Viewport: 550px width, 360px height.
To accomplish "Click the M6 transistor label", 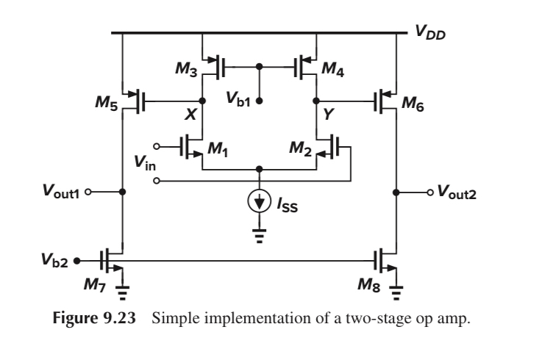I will tap(414, 101).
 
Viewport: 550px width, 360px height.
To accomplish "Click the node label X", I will tap(190, 116).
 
